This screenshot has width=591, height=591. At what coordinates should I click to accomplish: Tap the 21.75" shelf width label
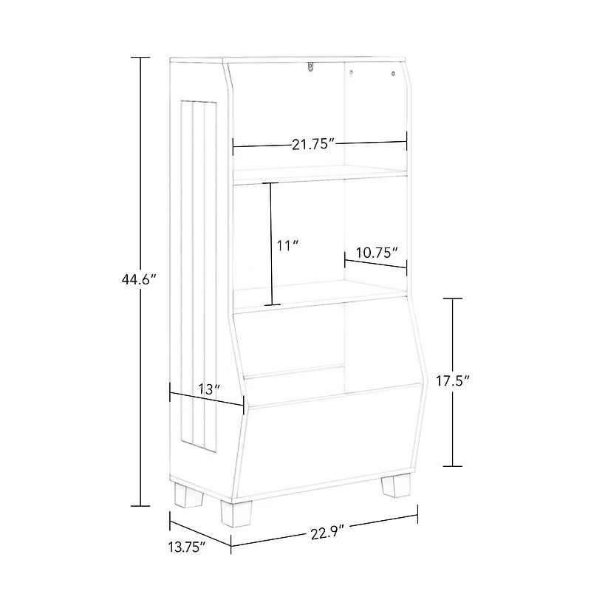click(x=313, y=144)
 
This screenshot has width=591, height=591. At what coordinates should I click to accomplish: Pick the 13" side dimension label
click(x=210, y=389)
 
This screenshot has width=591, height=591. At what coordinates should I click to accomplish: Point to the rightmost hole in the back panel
click(x=392, y=72)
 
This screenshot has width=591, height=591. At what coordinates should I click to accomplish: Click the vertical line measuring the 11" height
click(x=271, y=244)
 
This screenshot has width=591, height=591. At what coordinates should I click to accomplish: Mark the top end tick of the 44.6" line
click(x=140, y=57)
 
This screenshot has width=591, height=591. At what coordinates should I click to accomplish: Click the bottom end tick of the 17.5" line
click(x=453, y=466)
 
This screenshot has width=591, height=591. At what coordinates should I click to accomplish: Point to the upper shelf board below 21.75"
click(x=320, y=174)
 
